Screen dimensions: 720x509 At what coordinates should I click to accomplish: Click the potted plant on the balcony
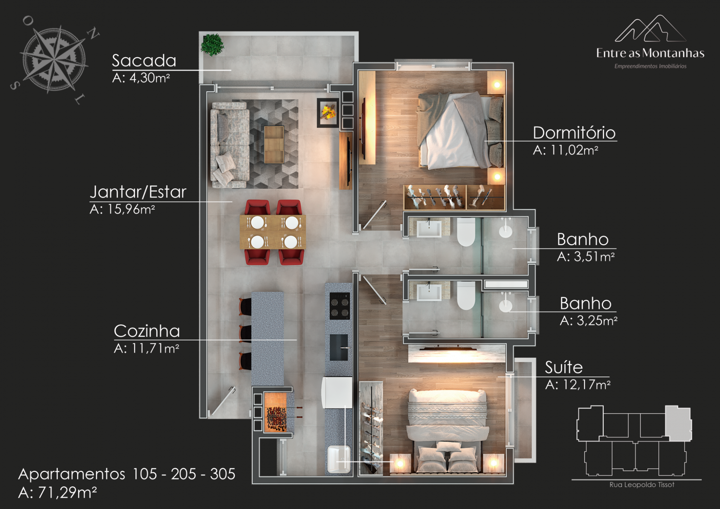(x=212, y=45)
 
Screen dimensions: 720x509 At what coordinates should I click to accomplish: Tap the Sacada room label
(x=144, y=61)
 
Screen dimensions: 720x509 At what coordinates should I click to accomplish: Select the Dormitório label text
(x=574, y=133)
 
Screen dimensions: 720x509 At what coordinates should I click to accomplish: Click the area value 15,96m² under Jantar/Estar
(x=122, y=209)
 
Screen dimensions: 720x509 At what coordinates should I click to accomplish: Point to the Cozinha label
(x=147, y=331)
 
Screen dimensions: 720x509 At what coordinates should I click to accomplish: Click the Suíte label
(x=564, y=367)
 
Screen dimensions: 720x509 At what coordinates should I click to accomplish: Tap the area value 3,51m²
(x=586, y=256)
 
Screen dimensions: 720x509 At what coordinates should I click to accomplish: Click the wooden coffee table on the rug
(x=274, y=144)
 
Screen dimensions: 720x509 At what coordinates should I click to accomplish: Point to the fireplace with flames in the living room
(x=328, y=112)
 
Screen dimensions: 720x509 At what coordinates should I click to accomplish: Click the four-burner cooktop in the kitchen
(x=339, y=306)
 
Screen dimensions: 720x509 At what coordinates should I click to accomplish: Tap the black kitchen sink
(x=339, y=347)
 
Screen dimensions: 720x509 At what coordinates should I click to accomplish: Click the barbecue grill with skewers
(x=276, y=412)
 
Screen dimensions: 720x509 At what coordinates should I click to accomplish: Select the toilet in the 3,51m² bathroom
(x=466, y=232)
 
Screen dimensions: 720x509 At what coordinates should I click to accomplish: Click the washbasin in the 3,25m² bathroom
(x=429, y=292)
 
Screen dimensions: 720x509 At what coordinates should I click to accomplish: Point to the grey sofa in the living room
(x=230, y=145)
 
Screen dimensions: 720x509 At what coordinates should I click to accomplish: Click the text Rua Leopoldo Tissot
(x=642, y=485)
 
